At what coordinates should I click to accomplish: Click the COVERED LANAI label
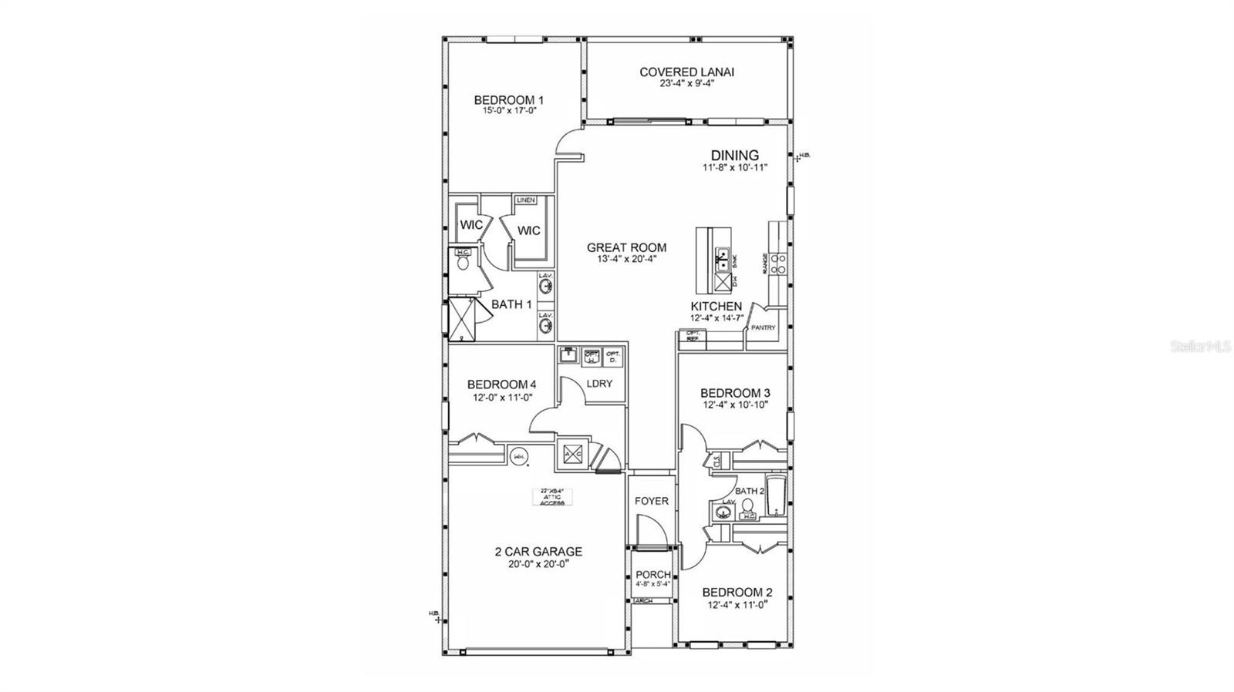(x=686, y=72)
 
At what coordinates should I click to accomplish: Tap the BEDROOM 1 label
(x=509, y=100)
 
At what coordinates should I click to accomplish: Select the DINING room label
(x=734, y=156)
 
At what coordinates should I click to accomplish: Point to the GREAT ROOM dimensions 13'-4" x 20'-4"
(x=626, y=260)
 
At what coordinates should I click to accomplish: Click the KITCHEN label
(x=716, y=307)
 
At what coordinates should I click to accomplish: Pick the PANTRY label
(x=763, y=328)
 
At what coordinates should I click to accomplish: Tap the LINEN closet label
(x=525, y=200)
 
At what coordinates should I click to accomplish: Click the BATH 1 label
(x=511, y=304)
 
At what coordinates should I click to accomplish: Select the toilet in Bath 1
(x=464, y=262)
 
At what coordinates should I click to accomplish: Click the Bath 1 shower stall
(x=462, y=317)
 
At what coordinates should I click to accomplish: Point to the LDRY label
(x=599, y=383)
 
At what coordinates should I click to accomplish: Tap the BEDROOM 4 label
(x=501, y=385)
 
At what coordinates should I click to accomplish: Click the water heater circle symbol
(x=519, y=456)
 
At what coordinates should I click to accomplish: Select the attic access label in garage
(x=552, y=497)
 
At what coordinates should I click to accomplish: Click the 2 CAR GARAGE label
(x=538, y=552)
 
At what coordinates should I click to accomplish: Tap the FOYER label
(x=652, y=501)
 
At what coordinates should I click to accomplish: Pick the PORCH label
(x=652, y=575)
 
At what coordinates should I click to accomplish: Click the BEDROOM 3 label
(x=735, y=393)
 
